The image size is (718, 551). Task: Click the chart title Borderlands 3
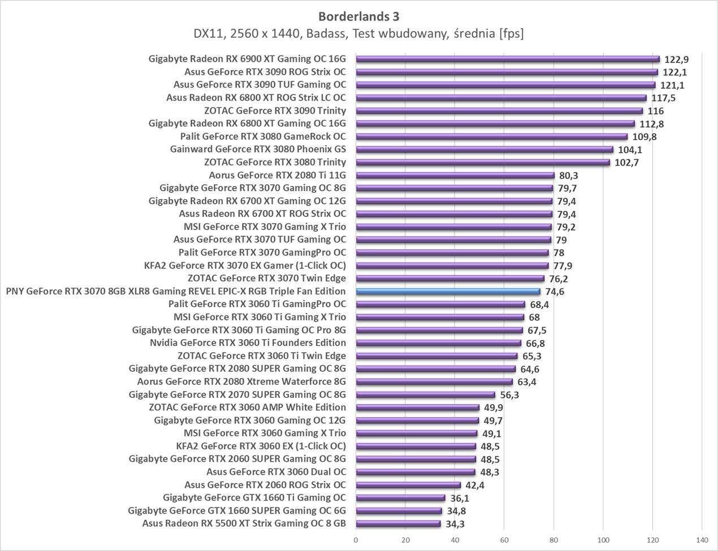coord(358,16)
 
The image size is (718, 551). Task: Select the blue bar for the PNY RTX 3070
coord(448,292)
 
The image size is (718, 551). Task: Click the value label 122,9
coord(676,59)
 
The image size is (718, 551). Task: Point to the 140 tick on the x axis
coord(702,540)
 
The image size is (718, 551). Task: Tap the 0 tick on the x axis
coord(356,540)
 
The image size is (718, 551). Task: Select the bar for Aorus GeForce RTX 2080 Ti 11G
coord(455,175)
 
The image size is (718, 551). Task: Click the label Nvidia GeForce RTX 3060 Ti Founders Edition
coord(248,342)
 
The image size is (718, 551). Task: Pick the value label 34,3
coord(455,524)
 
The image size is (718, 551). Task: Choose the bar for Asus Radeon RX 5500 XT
coord(398,524)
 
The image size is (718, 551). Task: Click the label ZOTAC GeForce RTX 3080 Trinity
coord(275,162)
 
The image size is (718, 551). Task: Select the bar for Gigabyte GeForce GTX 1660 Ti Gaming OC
coord(400,498)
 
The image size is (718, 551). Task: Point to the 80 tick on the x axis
coord(554,540)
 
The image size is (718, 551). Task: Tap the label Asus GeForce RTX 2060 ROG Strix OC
coord(265,485)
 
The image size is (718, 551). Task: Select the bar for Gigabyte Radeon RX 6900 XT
coord(508,59)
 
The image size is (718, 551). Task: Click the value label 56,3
coord(509,395)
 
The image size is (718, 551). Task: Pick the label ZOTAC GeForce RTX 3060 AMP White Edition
coord(247,407)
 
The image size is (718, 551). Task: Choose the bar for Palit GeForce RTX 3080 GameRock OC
coord(491,136)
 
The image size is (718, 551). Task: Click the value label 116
coord(656,111)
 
